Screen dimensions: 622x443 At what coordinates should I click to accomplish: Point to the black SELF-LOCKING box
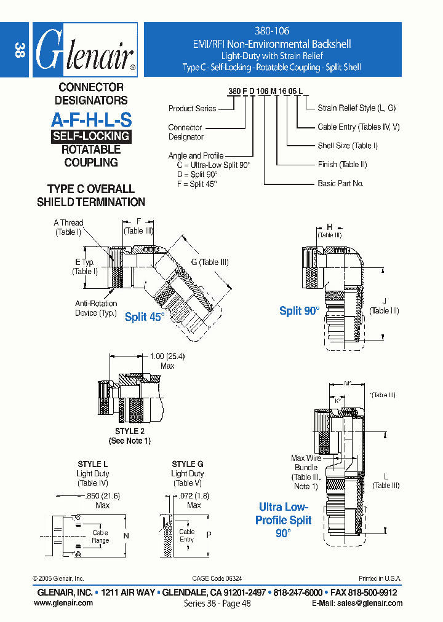point(91,136)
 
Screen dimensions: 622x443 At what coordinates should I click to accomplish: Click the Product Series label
point(192,109)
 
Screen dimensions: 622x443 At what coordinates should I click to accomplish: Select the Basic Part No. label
point(340,184)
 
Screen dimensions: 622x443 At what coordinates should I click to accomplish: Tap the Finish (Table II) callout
point(342,165)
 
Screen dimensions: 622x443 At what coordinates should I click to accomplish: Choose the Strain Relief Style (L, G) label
point(356,108)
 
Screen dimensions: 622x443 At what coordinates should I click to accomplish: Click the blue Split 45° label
point(145,317)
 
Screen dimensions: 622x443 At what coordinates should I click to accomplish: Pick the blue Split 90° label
point(299,311)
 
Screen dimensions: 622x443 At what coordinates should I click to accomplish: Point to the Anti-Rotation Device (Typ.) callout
point(95,309)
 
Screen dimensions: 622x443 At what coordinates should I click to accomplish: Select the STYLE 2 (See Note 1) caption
point(129,436)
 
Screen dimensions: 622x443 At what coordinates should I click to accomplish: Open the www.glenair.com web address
point(63,603)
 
